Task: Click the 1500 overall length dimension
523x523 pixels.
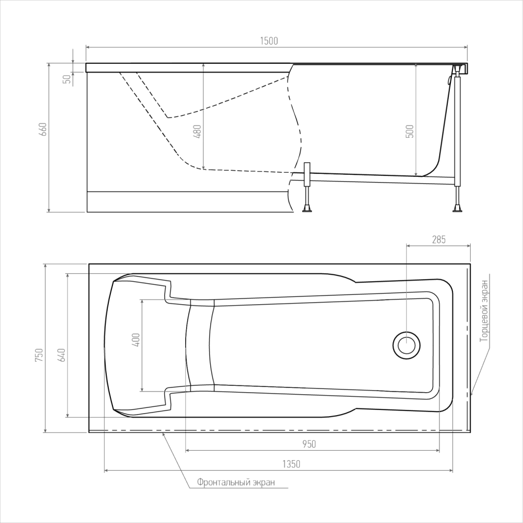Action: coord(269,41)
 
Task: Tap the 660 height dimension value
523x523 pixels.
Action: coord(43,129)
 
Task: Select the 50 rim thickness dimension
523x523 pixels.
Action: coord(67,79)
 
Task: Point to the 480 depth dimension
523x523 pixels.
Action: coord(197,131)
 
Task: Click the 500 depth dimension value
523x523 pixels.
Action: coord(410,131)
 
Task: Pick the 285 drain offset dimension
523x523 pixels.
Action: coord(439,239)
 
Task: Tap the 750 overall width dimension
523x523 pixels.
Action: coord(39,355)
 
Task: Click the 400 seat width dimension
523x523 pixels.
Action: coord(136,340)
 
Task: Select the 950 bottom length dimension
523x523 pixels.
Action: coord(309,444)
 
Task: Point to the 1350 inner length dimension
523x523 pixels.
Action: coord(291,464)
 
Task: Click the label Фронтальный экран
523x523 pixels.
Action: coord(236,482)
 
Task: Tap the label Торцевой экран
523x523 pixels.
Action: coord(484,310)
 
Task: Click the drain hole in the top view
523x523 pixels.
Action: coord(406,345)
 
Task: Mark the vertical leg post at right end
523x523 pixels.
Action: coord(457,130)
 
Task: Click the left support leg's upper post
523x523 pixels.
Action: coord(307,175)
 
